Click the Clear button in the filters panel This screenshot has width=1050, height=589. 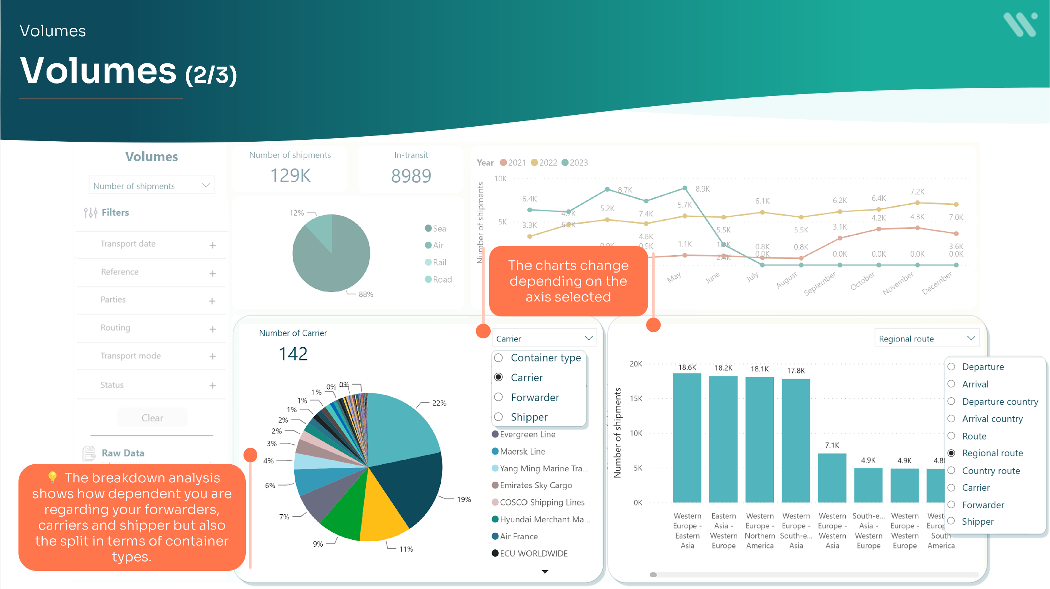[x=152, y=418]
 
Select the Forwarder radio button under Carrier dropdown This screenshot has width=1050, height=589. [x=498, y=397]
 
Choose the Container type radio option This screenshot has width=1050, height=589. [x=498, y=358]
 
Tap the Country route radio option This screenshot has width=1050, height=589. [x=952, y=470]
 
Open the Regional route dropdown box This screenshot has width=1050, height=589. [x=926, y=338]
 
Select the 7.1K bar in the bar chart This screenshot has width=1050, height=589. [x=832, y=478]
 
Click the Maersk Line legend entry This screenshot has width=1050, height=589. [x=522, y=451]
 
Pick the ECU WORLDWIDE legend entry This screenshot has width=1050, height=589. [x=533, y=553]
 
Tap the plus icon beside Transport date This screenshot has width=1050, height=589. [x=212, y=245]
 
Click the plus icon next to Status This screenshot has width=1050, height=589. [x=212, y=385]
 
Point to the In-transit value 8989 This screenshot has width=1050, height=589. [x=411, y=176]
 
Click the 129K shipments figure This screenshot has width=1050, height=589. [x=290, y=176]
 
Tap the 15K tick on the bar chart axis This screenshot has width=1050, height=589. [x=636, y=398]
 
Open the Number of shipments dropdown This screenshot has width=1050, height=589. [x=151, y=186]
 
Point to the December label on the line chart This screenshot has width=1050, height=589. [x=937, y=282]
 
